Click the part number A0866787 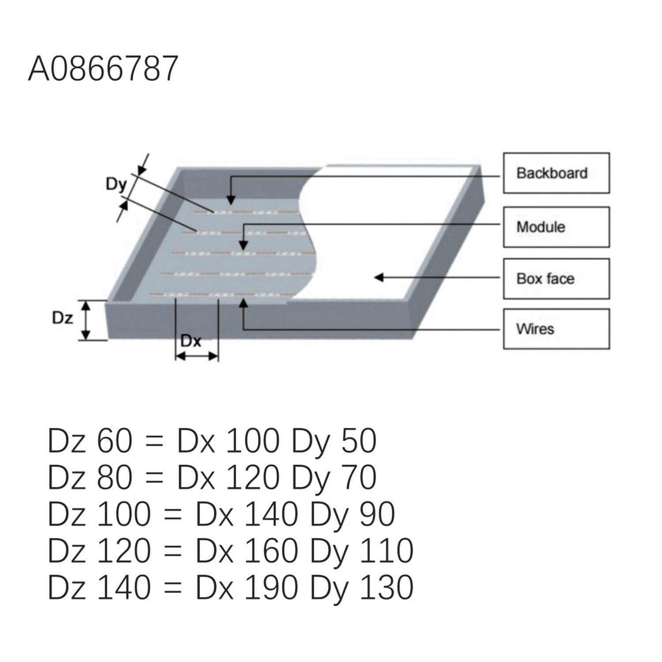click(x=103, y=69)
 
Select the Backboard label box click(x=556, y=173)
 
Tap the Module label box click(x=556, y=227)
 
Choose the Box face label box click(x=556, y=278)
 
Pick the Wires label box click(x=556, y=329)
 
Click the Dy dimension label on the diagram click(x=117, y=184)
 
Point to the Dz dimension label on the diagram click(x=63, y=317)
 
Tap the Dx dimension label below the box click(x=191, y=341)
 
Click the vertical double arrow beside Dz click(x=87, y=320)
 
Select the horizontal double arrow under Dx click(x=197, y=356)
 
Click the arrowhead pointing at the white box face click(x=379, y=277)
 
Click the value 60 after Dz click(x=115, y=440)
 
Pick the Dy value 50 click(x=359, y=440)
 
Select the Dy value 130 click(x=387, y=587)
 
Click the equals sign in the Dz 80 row click(x=154, y=478)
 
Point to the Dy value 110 click(x=387, y=551)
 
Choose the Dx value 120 click(x=252, y=477)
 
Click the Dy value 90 click(x=377, y=514)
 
